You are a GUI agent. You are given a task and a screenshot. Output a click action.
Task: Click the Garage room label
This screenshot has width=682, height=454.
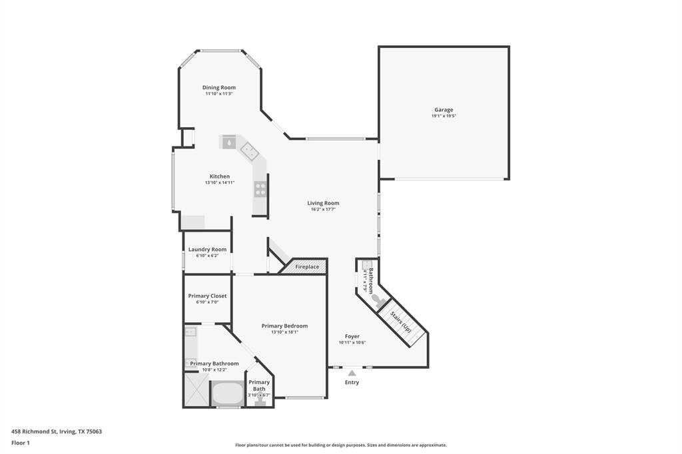(x=444, y=110)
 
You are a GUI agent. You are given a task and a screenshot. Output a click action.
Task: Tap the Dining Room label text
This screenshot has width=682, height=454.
(x=218, y=87)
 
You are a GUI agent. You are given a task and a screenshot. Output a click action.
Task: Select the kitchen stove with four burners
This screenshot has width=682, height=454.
(x=260, y=188)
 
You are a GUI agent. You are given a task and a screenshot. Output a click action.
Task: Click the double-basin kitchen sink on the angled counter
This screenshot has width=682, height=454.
(x=250, y=152)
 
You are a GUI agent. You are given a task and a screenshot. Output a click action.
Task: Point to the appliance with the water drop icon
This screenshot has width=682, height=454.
(x=228, y=142)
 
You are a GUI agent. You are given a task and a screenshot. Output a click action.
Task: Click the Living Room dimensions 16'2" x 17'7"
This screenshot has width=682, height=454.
(x=323, y=210)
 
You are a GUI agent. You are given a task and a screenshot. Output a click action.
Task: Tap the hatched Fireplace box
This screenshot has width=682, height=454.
(x=307, y=267)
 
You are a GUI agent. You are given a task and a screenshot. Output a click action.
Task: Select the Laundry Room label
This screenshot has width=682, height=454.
(x=207, y=250)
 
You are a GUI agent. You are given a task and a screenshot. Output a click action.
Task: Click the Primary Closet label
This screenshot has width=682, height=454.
(x=207, y=296)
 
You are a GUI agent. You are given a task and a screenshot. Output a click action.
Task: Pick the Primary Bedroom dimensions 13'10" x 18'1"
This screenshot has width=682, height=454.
(x=284, y=332)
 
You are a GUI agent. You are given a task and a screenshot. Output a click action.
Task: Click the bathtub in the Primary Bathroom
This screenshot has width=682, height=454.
(x=228, y=393)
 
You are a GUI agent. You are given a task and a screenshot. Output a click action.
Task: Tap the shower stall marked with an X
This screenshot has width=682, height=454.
(x=196, y=389)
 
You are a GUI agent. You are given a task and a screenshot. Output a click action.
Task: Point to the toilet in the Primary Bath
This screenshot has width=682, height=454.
(x=259, y=401)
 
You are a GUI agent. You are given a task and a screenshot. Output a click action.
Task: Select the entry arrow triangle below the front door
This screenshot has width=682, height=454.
(x=352, y=373)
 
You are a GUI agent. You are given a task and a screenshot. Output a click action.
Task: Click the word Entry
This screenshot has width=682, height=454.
(x=352, y=383)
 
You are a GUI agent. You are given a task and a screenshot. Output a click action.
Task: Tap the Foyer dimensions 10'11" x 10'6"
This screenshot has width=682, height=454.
(x=352, y=343)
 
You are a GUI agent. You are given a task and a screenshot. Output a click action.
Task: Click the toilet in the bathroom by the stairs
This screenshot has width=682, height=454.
(x=377, y=300)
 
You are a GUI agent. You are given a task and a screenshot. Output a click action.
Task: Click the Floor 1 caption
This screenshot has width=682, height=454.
(x=21, y=443)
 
